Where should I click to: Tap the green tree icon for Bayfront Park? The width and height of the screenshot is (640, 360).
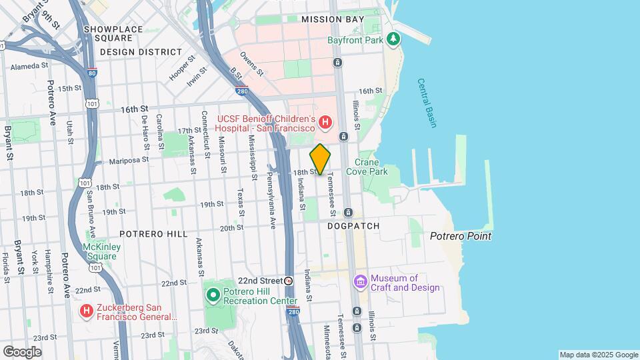(x=394, y=39)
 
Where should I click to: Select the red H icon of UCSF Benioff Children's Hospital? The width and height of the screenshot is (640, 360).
(x=325, y=122)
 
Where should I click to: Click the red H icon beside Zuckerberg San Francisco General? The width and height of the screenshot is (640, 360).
(x=86, y=311)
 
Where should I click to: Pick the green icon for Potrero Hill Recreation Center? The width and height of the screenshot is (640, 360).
(x=213, y=295)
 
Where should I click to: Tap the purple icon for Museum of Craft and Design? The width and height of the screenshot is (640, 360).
(x=361, y=282)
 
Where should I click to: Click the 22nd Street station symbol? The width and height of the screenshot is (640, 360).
(x=289, y=281)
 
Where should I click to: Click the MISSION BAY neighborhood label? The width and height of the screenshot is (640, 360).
(x=333, y=19)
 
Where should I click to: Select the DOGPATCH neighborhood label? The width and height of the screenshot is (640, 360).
(x=353, y=226)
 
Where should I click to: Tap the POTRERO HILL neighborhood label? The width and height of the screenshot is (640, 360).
(x=149, y=234)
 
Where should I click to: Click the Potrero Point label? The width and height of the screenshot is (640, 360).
(x=460, y=236)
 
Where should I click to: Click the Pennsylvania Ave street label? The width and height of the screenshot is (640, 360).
(x=271, y=192)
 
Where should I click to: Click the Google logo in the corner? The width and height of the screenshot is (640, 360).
(x=22, y=351)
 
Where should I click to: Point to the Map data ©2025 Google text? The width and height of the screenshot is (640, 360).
(x=598, y=355)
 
